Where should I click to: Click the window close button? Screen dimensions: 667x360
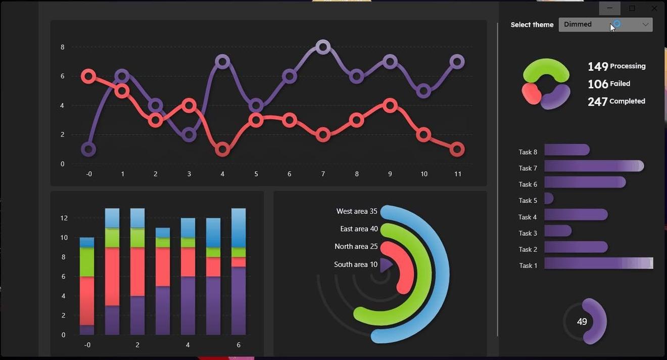[x=654, y=9]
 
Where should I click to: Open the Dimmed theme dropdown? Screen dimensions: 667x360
[x=605, y=24]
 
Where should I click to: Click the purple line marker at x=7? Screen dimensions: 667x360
[x=323, y=47]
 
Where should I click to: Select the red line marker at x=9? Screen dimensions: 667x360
[x=390, y=106]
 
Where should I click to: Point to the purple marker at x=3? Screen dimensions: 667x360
[x=189, y=134]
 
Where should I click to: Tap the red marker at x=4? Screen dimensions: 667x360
[x=222, y=149]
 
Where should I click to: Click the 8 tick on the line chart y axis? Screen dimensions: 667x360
[x=63, y=47]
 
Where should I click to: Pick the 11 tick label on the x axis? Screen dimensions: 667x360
[x=458, y=174]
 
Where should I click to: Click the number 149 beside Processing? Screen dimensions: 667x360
[x=598, y=66]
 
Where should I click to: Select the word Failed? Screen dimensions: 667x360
[x=620, y=84]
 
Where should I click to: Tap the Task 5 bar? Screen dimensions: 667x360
[x=549, y=199]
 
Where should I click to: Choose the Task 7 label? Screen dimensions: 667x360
[x=528, y=168]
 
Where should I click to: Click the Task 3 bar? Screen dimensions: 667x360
[x=558, y=231]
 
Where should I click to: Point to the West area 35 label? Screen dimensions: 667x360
[x=357, y=211]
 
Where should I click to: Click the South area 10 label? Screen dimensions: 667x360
[x=356, y=264]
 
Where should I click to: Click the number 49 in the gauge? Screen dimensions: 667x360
[x=582, y=322]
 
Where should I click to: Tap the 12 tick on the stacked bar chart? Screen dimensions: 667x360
[x=64, y=218]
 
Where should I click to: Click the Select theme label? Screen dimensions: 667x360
[x=532, y=25]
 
